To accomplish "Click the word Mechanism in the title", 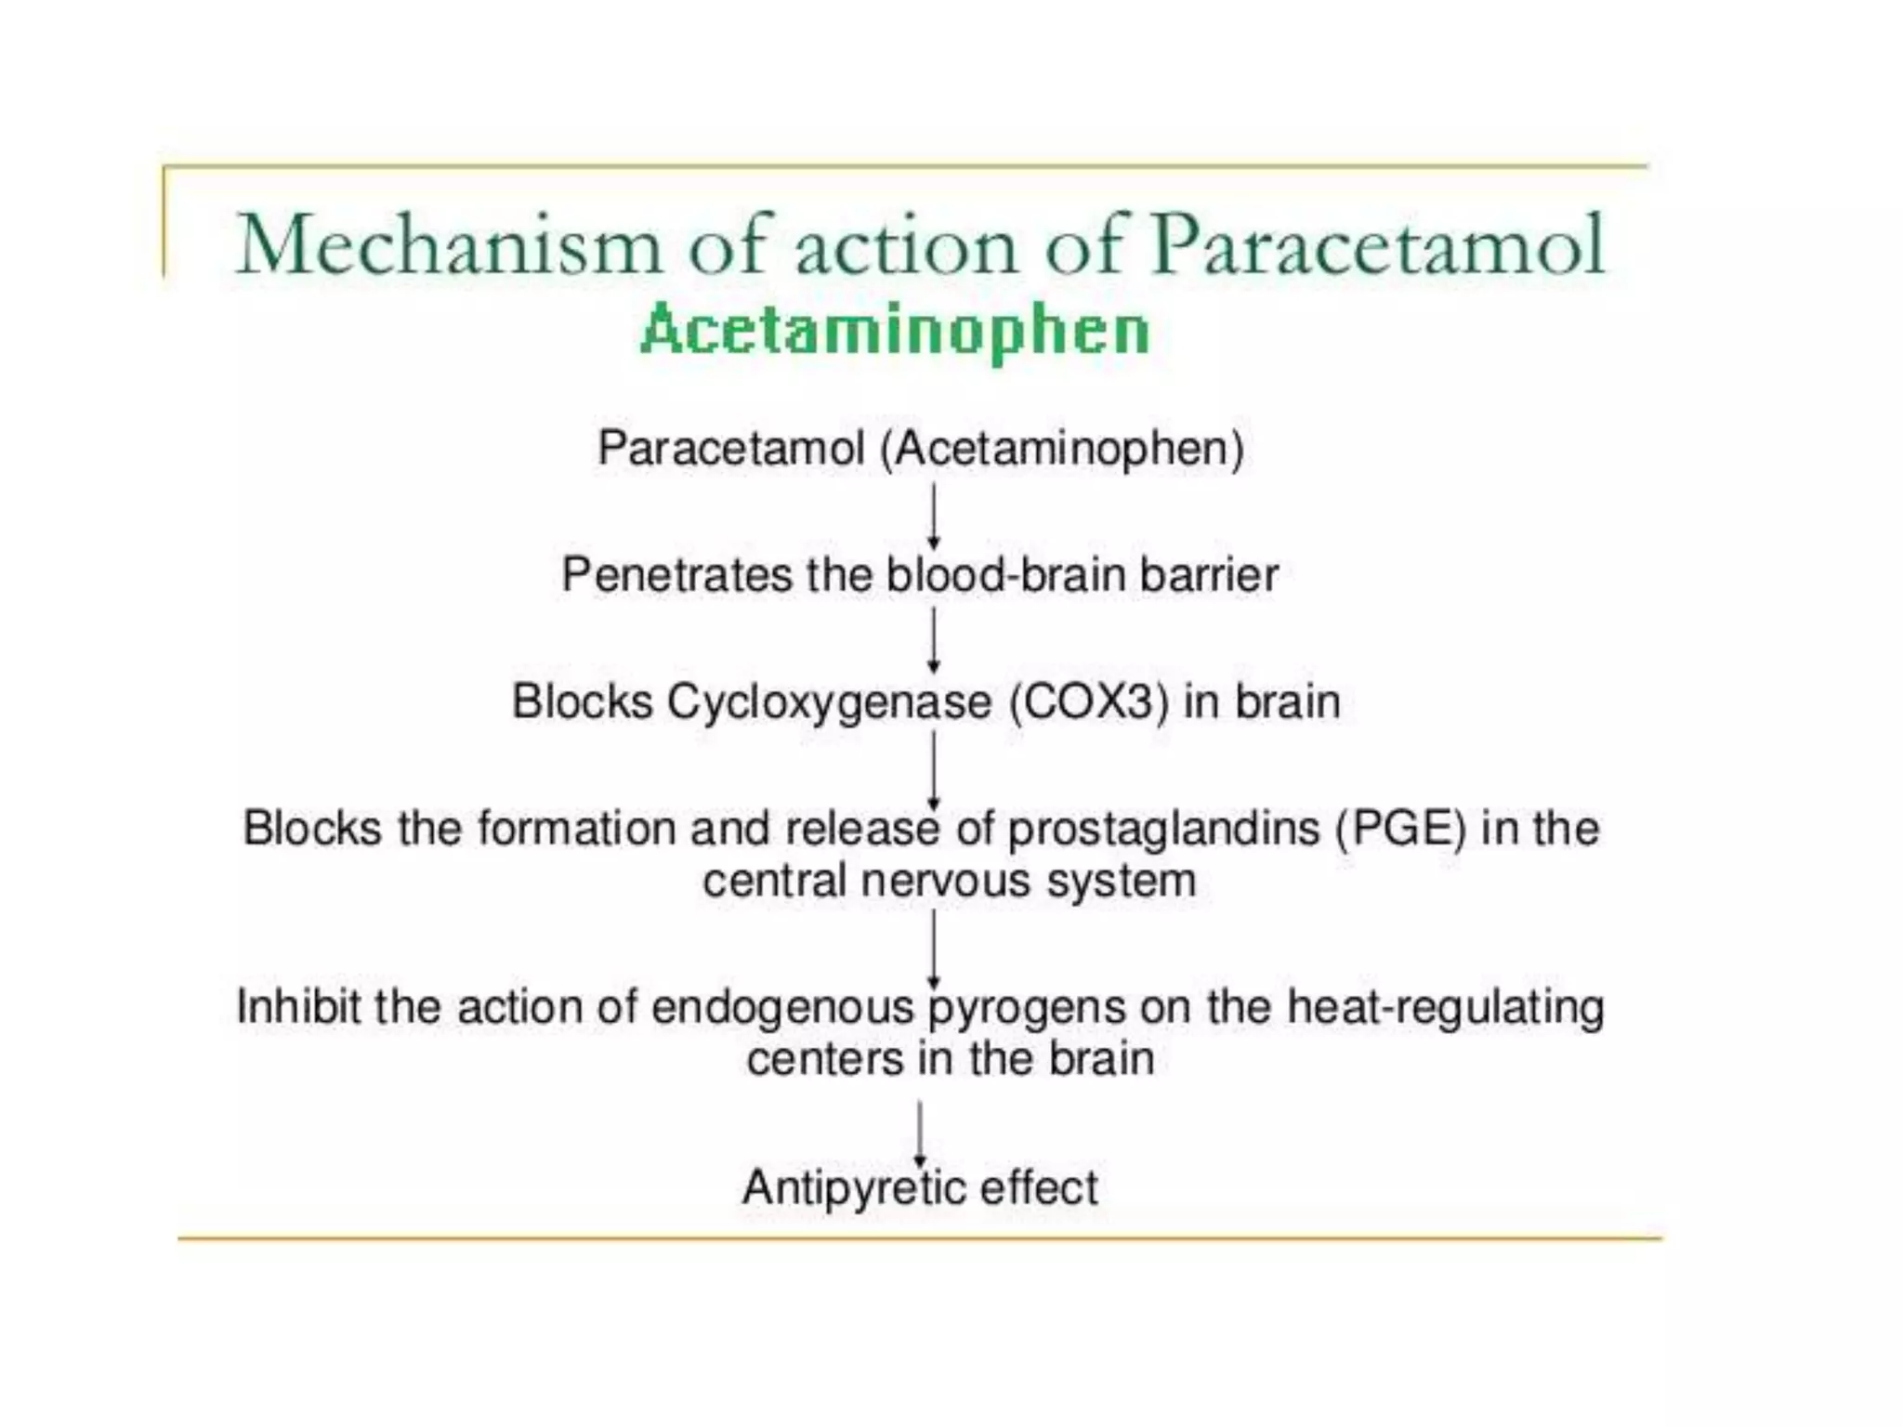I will coord(449,244).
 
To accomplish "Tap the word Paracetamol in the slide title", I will coord(1378,244).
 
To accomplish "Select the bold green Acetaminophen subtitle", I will coord(895,330).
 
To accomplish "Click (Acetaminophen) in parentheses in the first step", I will coord(1062,449).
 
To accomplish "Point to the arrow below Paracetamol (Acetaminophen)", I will coord(934,517).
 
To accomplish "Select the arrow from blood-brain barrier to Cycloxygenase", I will coord(934,640).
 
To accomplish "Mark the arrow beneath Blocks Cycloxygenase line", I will coord(934,769).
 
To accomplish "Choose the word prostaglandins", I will coord(1163,828).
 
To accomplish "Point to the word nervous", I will coord(945,880).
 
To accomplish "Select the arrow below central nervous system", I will coord(934,948).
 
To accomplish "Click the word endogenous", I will coord(782,1007).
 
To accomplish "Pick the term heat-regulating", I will coord(1445,1007).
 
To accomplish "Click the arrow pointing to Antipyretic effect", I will coord(920,1133).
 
